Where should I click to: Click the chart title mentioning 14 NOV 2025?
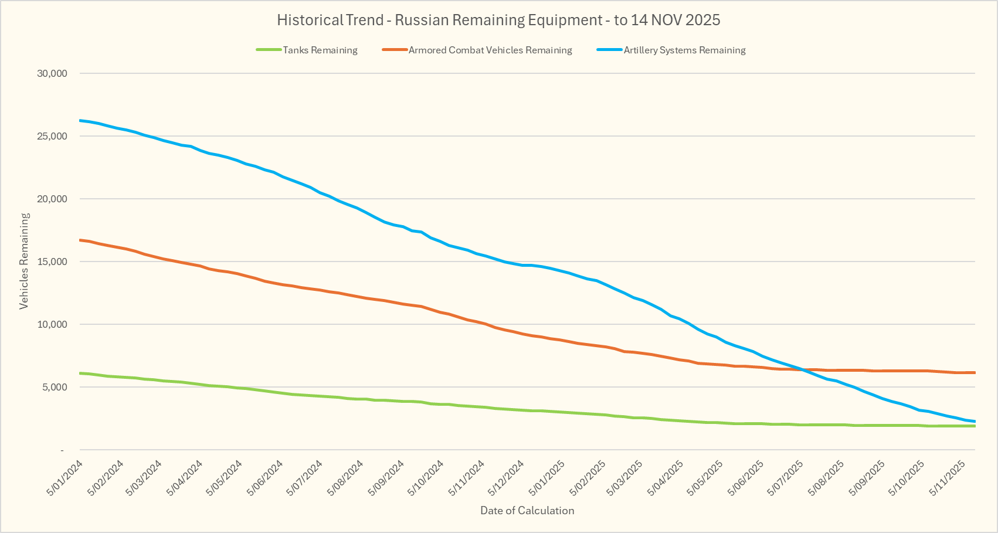[x=498, y=20]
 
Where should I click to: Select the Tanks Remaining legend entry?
[x=320, y=50]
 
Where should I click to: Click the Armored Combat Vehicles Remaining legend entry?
[x=490, y=50]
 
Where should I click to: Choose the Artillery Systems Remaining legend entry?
[x=684, y=50]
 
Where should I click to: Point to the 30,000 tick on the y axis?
[x=52, y=73]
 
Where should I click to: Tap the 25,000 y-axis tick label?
[x=52, y=136]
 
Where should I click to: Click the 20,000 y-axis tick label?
[x=52, y=199]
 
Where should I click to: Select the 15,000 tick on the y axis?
[x=52, y=262]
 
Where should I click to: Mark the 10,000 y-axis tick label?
[x=52, y=324]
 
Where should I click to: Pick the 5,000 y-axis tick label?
[x=55, y=387]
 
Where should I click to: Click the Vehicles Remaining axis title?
[x=24, y=261]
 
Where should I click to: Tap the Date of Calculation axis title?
[x=527, y=510]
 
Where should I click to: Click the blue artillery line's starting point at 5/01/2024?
[x=80, y=120]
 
